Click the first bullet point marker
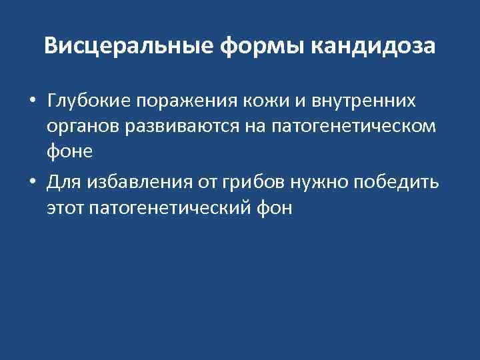coord(32,101)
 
